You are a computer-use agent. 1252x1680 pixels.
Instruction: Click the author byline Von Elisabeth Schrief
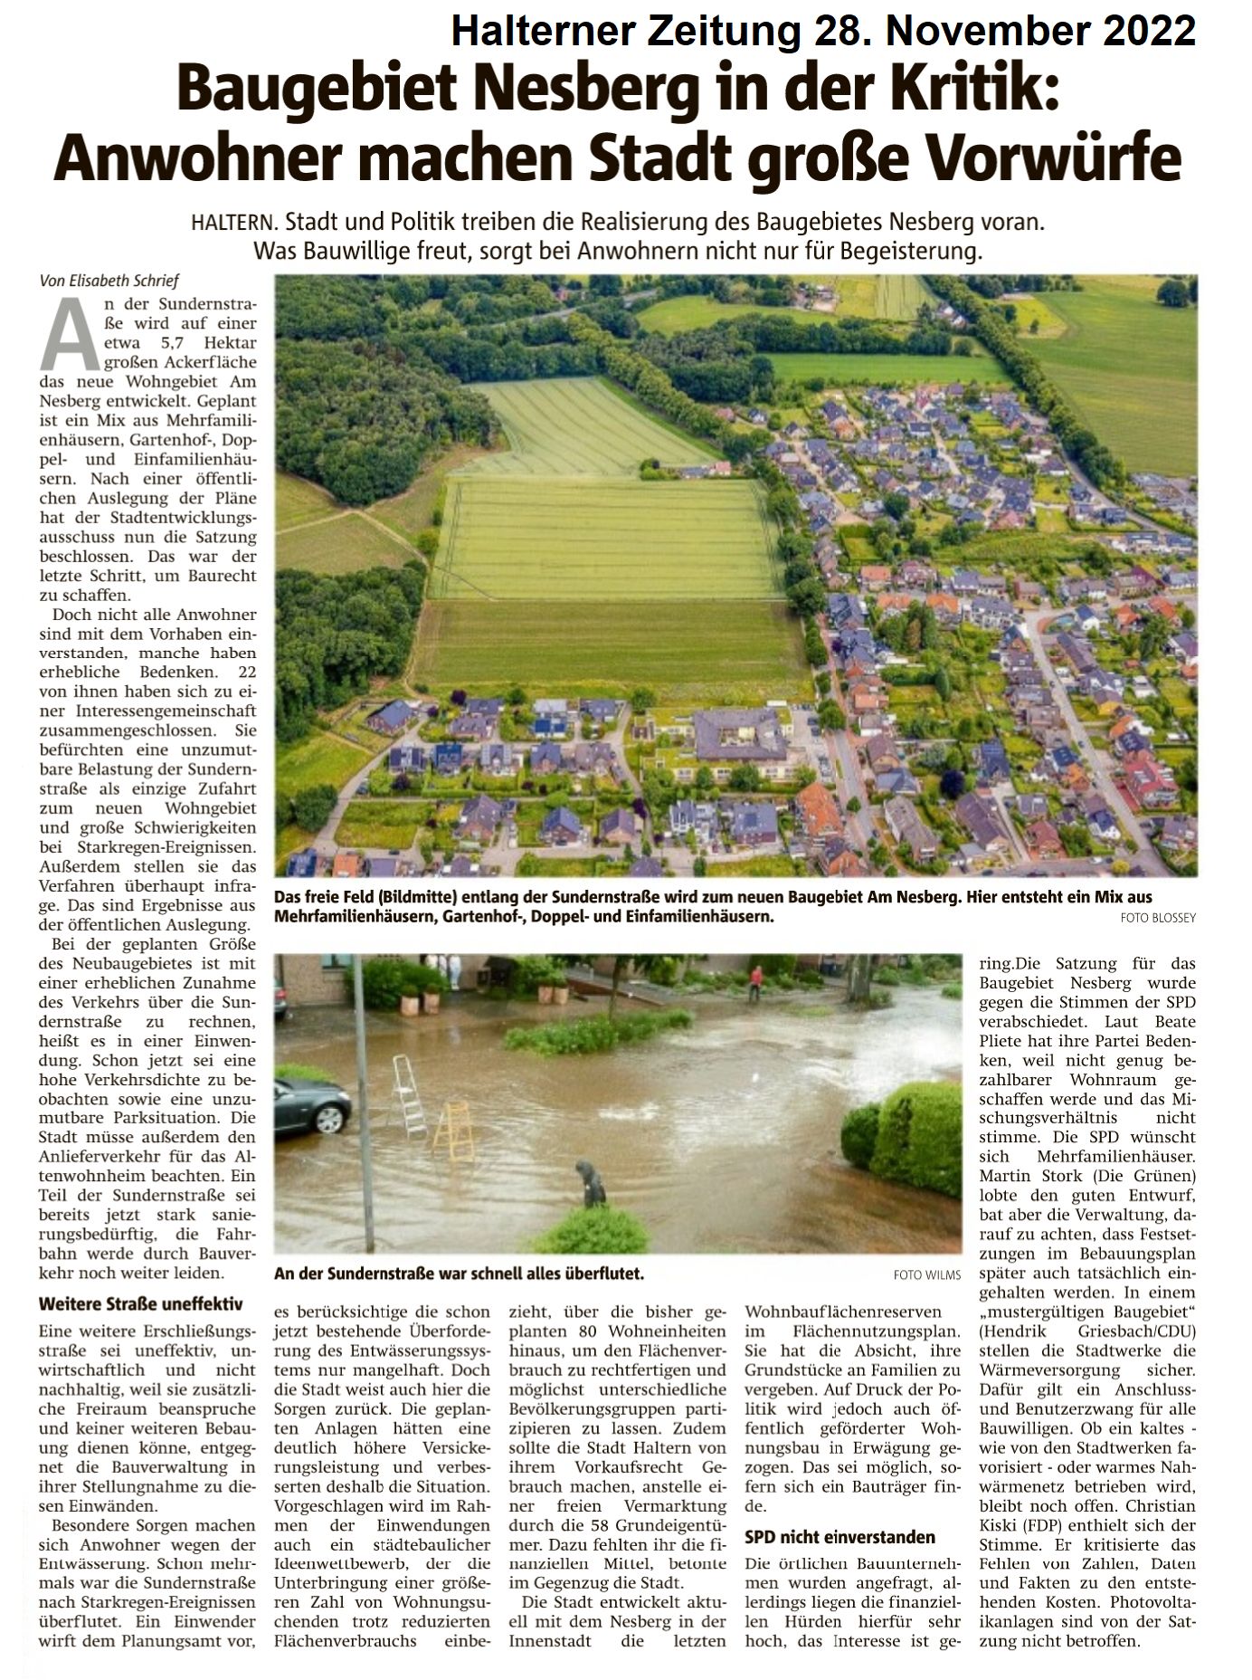(109, 282)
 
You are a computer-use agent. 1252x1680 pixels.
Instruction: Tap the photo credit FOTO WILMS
(926, 1275)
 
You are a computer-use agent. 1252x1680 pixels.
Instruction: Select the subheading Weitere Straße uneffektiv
(141, 1304)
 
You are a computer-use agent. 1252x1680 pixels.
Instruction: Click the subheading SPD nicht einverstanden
(839, 1537)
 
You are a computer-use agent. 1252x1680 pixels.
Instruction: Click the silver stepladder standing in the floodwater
(410, 1095)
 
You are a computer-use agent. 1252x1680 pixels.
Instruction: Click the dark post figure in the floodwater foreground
(592, 1184)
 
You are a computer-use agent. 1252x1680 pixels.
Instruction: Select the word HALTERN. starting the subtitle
(238, 222)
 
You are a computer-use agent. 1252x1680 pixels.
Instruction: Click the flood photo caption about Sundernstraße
(459, 1274)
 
